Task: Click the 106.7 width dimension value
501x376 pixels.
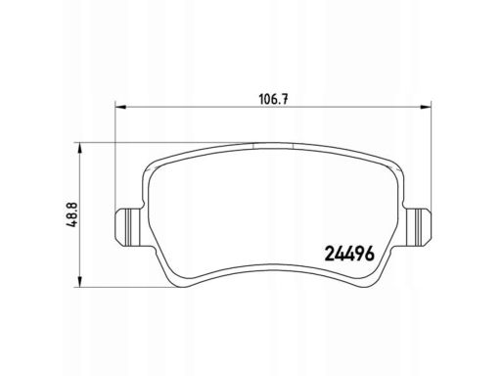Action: [273, 98]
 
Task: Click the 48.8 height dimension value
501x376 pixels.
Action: [70, 214]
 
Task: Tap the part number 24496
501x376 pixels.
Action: [349, 254]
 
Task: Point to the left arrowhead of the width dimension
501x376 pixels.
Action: [120, 107]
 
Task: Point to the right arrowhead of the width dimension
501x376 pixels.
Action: [426, 107]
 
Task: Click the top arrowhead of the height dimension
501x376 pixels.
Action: [79, 148]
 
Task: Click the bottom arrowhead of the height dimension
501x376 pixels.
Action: [79, 282]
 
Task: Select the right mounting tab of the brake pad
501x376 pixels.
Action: [418, 227]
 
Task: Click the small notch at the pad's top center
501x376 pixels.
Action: [273, 145]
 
